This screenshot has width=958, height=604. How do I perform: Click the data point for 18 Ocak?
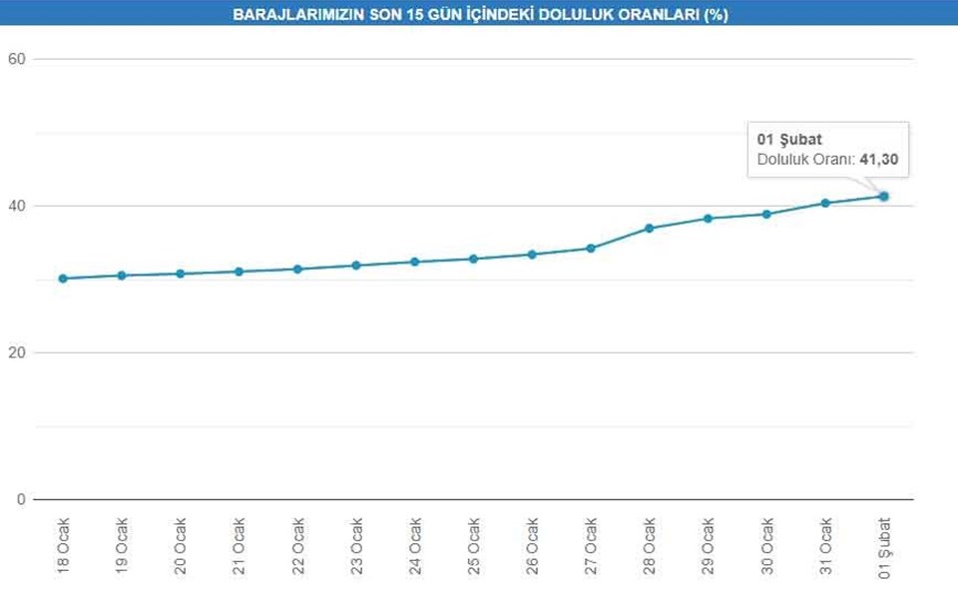[63, 279]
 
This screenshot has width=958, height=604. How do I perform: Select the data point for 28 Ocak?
[650, 229]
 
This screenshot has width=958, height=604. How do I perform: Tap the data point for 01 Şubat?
[884, 196]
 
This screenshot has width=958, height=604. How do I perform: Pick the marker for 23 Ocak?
[356, 266]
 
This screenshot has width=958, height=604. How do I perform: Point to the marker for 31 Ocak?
[825, 203]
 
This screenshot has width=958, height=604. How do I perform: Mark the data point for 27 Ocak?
[591, 248]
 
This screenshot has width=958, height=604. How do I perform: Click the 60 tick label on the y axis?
[16, 59]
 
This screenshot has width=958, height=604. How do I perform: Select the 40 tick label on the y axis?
[16, 206]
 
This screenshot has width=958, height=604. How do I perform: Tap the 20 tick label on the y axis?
[16, 352]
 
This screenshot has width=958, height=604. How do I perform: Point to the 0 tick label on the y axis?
[20, 499]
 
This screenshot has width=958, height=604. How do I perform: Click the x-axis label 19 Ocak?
[122, 546]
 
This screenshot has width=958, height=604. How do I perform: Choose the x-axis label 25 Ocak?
[474, 546]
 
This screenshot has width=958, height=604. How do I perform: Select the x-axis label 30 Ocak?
[767, 546]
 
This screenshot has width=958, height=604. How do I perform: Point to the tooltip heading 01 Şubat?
[789, 140]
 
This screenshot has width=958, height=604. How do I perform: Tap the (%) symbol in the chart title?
[714, 15]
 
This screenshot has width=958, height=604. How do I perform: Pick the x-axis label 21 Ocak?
[239, 546]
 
